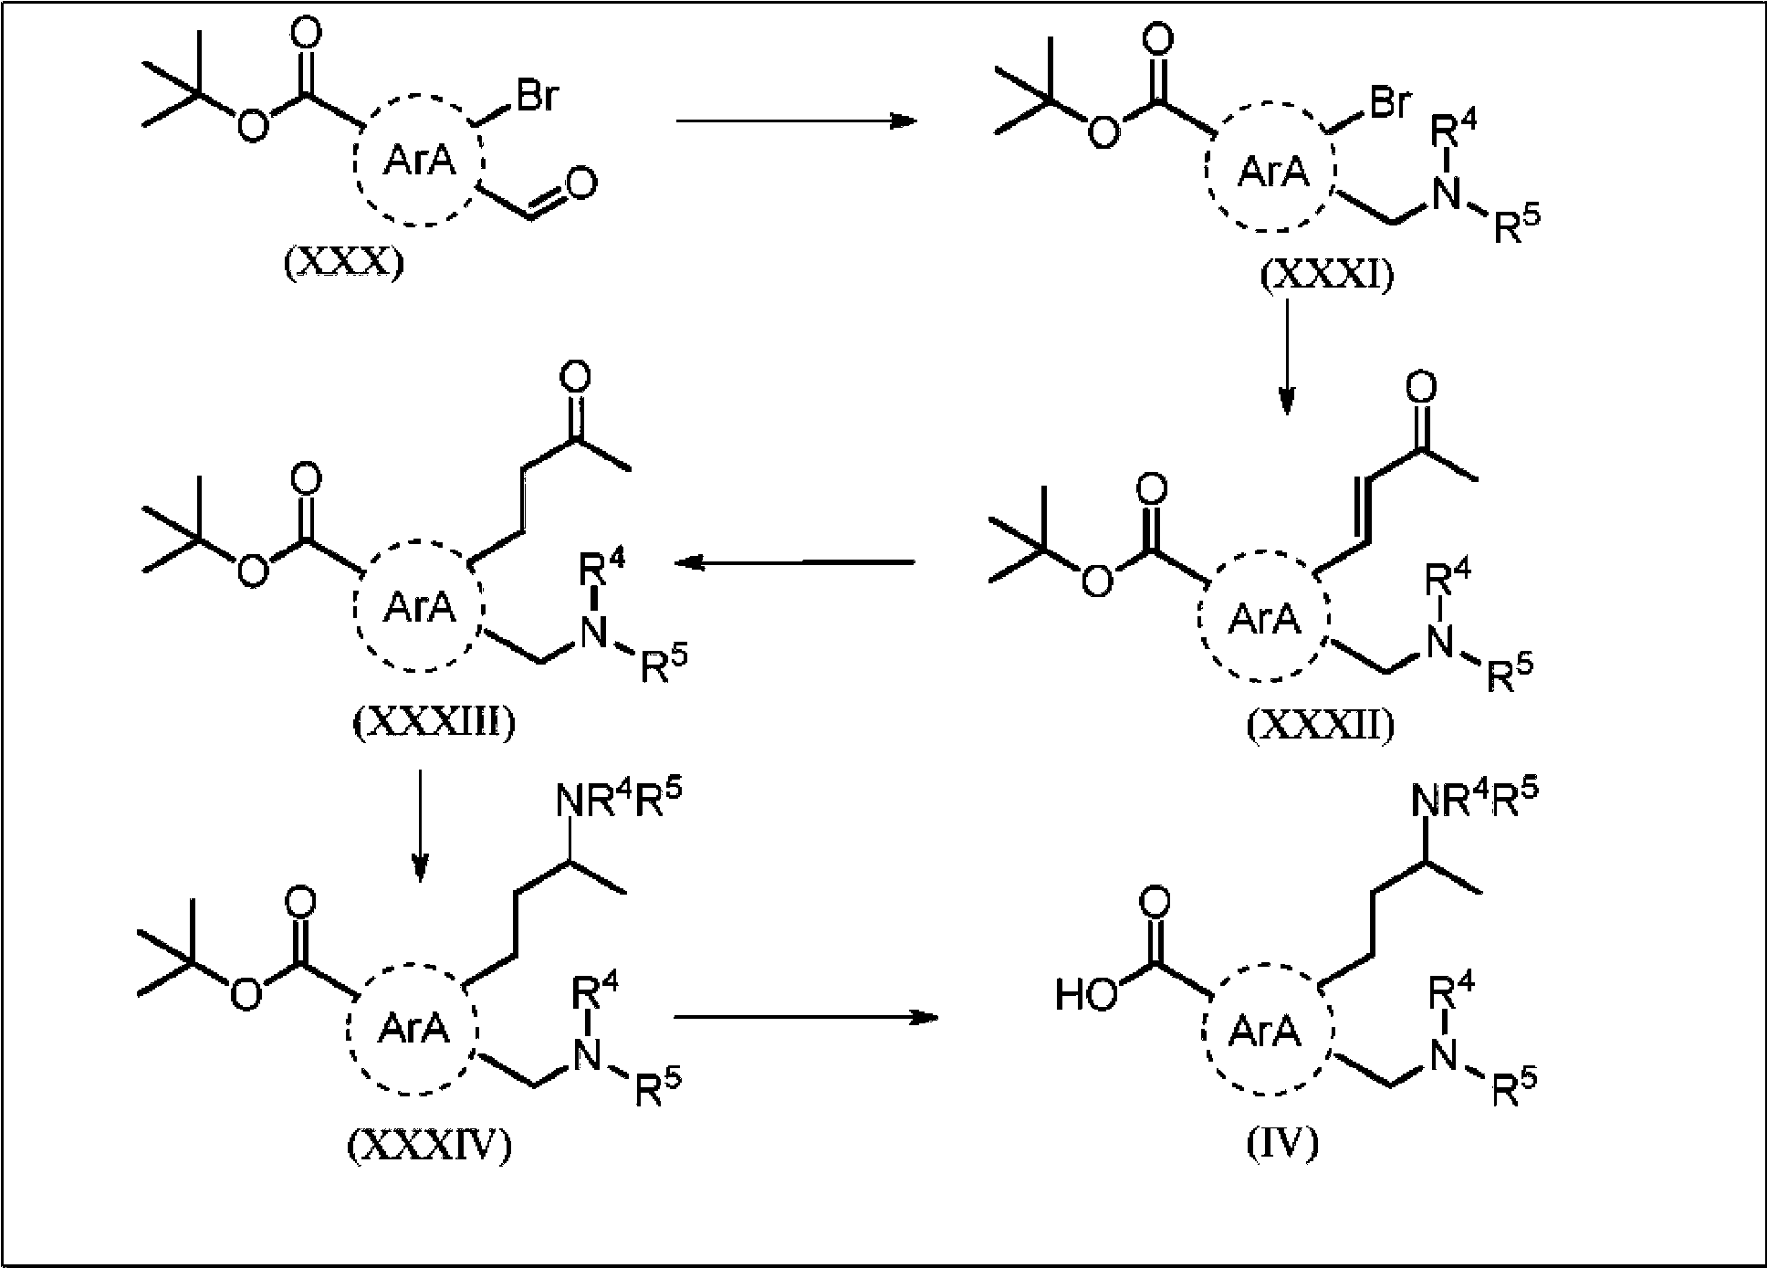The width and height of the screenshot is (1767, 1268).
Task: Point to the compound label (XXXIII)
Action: tap(434, 722)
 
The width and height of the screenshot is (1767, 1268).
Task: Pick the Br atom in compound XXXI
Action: tap(1389, 103)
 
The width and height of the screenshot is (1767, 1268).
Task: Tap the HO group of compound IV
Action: tap(1085, 994)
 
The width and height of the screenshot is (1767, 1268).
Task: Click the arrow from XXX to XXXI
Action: tap(795, 121)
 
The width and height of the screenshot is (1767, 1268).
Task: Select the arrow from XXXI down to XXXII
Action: tap(1286, 355)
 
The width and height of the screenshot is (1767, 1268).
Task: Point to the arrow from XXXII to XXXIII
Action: tap(795, 563)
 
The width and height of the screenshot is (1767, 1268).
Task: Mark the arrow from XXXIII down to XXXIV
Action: tap(419, 825)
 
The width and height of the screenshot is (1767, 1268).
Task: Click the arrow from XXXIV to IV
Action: tap(807, 1016)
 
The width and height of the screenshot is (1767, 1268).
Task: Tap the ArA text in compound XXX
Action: tap(419, 161)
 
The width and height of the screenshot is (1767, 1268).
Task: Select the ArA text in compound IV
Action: tap(1264, 1032)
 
